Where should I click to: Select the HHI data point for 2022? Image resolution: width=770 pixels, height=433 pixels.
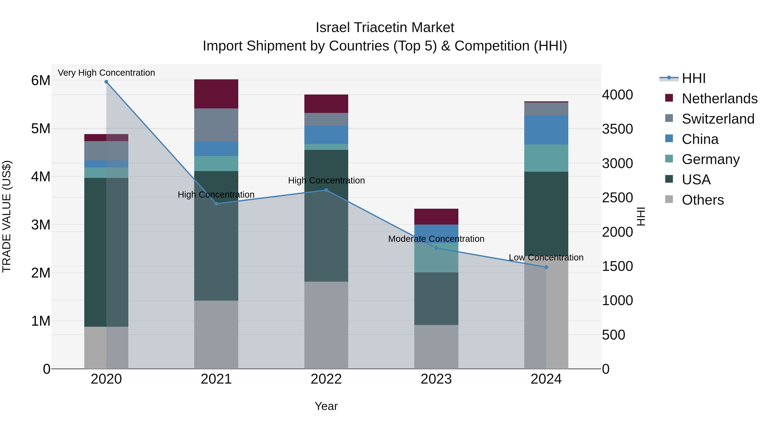point(326,190)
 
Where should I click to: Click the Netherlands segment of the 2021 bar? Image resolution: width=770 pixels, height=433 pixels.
point(216,94)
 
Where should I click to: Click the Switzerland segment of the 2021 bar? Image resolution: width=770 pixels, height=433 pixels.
point(216,125)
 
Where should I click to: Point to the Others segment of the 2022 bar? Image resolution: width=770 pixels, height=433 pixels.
point(326,325)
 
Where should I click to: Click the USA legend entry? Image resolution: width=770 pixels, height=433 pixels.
point(696,180)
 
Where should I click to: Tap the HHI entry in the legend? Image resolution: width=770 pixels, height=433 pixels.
point(693,78)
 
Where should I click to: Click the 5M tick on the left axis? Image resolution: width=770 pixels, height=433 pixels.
point(41,129)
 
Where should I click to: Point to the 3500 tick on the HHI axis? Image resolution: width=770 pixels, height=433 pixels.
point(617,129)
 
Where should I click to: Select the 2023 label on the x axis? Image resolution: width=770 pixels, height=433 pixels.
point(436,379)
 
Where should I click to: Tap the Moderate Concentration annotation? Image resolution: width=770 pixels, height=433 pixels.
point(436,239)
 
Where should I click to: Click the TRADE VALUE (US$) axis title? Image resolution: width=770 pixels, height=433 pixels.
point(7,216)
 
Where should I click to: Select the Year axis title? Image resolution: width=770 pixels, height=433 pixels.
point(326,406)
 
